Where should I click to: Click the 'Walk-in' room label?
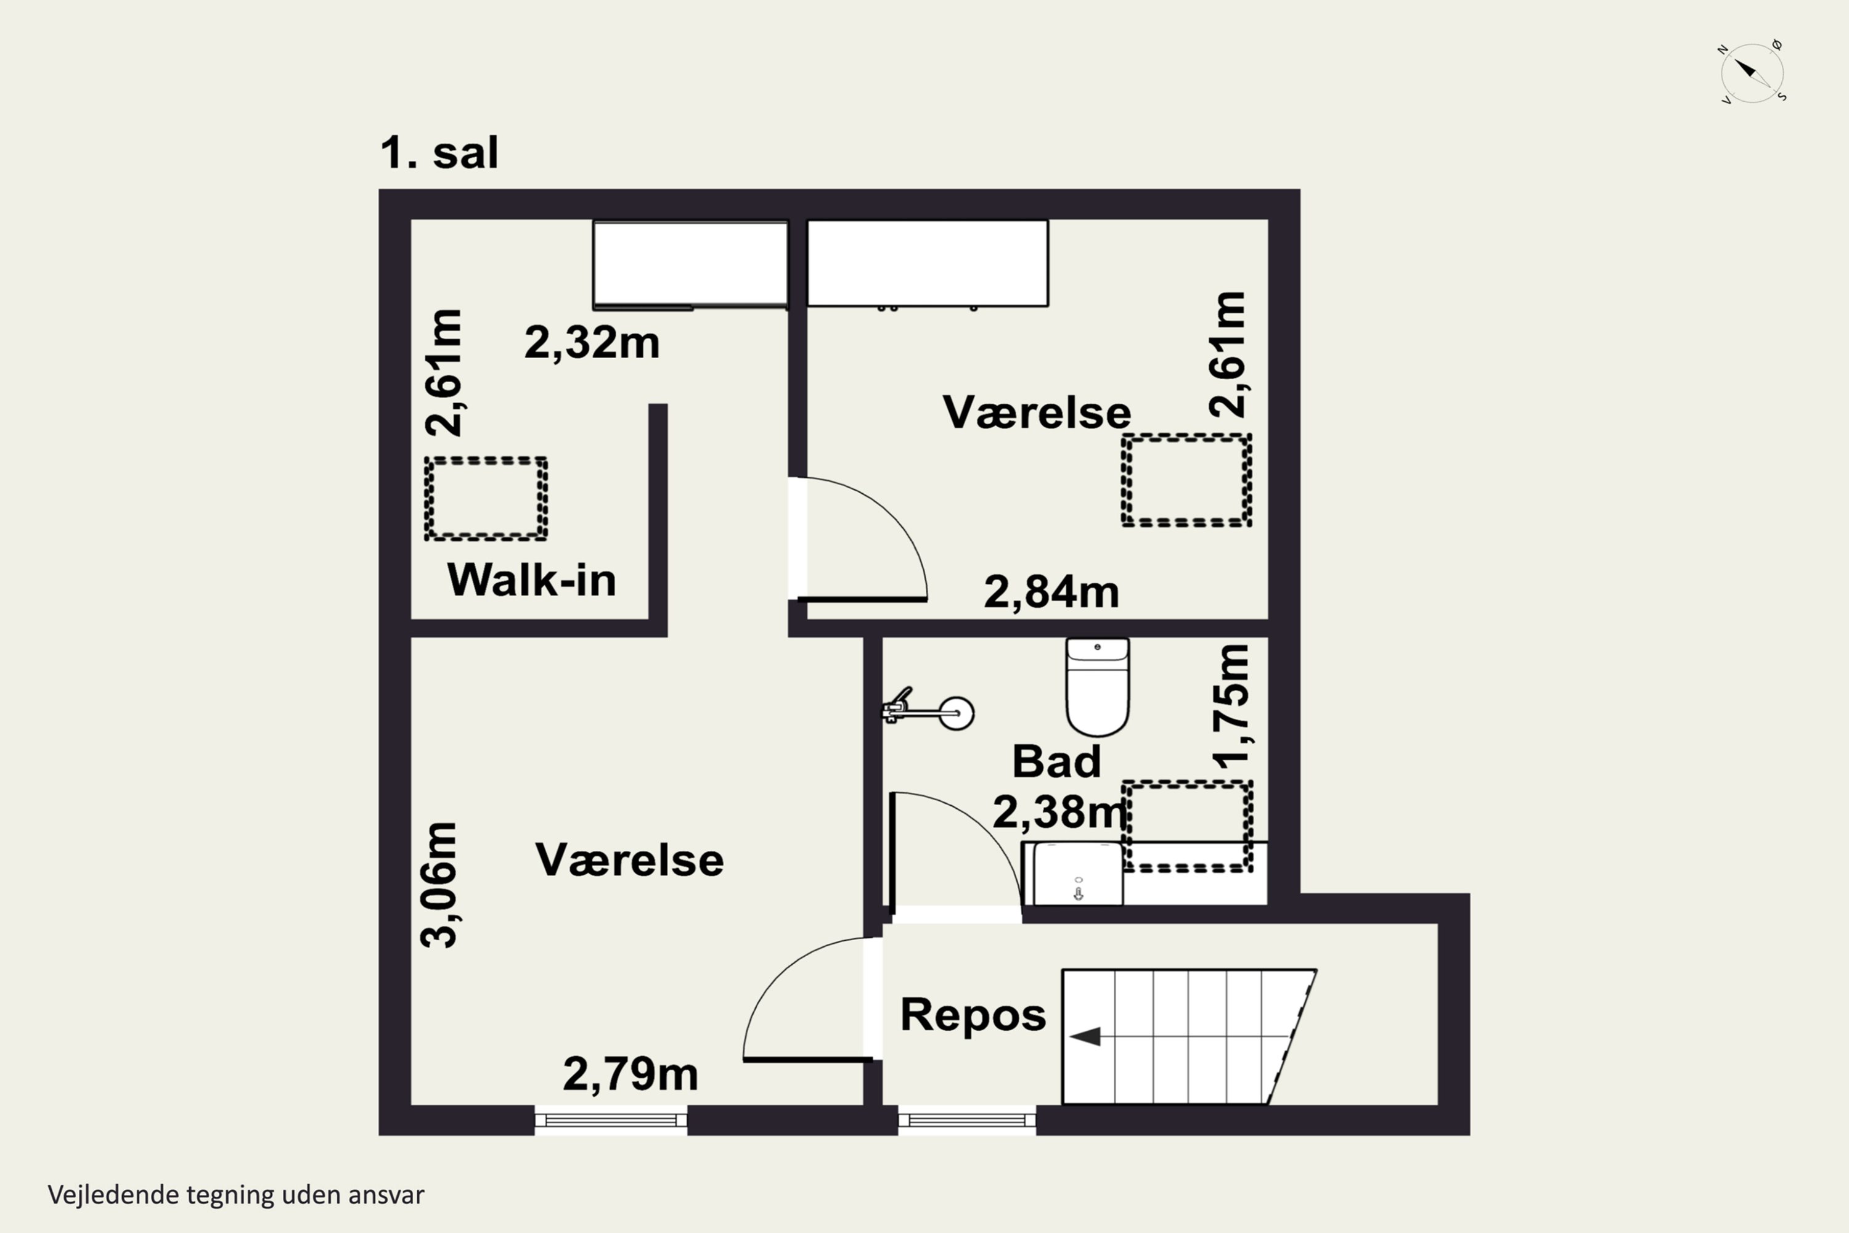[x=531, y=580]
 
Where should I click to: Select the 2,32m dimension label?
[x=591, y=343]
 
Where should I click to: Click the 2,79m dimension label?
[x=630, y=1074]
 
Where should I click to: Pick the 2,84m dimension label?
[x=1051, y=592]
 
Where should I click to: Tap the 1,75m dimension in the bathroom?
[x=1231, y=706]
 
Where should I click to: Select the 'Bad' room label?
[x=1056, y=762]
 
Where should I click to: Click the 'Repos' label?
[x=973, y=1014]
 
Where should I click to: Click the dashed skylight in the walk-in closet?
[x=486, y=499]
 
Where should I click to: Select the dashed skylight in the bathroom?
[x=1186, y=825]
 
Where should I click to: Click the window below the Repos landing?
[x=966, y=1120]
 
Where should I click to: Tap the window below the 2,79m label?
[x=611, y=1120]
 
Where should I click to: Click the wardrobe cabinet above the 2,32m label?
[x=690, y=263]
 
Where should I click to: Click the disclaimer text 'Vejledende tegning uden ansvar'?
[x=236, y=1195]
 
